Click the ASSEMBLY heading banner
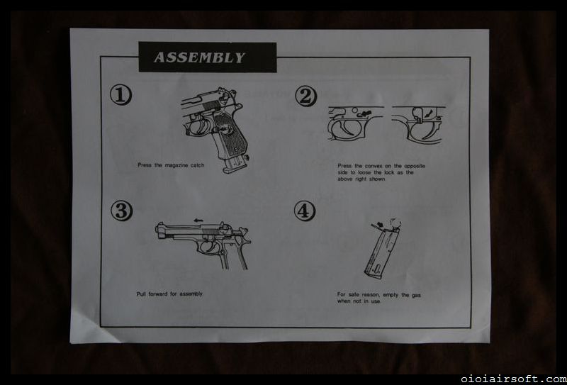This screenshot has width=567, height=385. pos(208,57)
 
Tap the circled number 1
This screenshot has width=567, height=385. pos(120,96)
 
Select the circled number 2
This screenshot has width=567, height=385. pos(305,96)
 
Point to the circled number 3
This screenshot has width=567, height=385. pos(121,211)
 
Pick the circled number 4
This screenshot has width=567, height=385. pos(305,211)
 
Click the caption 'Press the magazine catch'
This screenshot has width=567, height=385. pos(171,165)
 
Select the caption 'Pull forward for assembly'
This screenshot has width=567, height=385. pos(169,294)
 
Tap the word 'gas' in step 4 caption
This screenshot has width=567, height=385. pos(416,295)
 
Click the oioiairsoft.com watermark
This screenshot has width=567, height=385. pos(514,379)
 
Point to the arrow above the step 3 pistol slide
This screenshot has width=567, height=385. pos(198,220)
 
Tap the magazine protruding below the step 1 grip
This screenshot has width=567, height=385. pos(235,164)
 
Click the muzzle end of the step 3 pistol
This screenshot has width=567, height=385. pos(158,230)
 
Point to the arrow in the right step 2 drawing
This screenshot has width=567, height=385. pos(429,114)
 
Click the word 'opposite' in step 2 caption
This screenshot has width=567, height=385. pos(415,166)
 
